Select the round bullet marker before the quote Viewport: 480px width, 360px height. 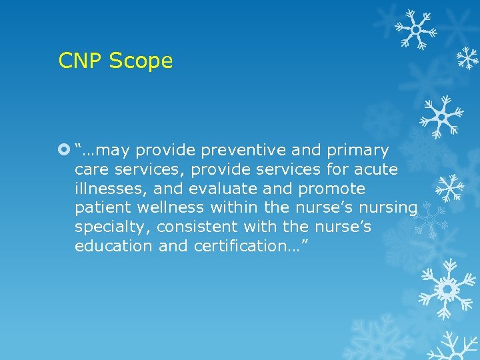click(64, 150)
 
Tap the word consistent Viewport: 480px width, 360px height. click(195, 227)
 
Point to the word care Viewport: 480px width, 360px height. click(91, 169)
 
